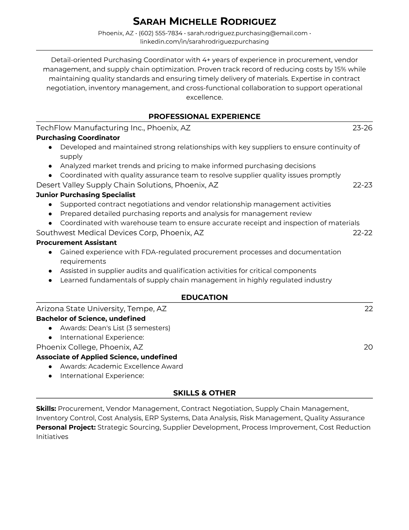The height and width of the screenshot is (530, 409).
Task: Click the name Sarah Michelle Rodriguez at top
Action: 204,22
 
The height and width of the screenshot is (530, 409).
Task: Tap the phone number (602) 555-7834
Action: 160,33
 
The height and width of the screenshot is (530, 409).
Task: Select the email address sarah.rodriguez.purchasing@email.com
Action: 247,33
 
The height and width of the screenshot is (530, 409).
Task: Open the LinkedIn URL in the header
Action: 204,42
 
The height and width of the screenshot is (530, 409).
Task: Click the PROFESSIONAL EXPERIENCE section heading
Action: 204,116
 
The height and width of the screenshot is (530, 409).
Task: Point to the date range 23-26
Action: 362,128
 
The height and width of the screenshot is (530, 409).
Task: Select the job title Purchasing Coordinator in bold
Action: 78,138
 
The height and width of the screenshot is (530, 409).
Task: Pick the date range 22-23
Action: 363,185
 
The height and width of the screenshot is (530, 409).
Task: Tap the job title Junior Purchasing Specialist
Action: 86,195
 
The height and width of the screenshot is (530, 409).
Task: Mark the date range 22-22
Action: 363,233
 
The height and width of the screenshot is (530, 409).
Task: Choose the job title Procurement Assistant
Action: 76,243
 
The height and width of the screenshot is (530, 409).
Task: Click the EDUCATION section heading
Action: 204,297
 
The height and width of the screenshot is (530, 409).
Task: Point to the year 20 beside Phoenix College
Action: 368,347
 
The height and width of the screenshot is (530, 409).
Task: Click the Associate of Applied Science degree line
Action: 106,357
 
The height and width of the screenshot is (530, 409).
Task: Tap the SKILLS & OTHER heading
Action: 204,393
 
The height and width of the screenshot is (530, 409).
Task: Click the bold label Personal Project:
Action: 66,428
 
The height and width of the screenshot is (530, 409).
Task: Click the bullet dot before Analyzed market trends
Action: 50,166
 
